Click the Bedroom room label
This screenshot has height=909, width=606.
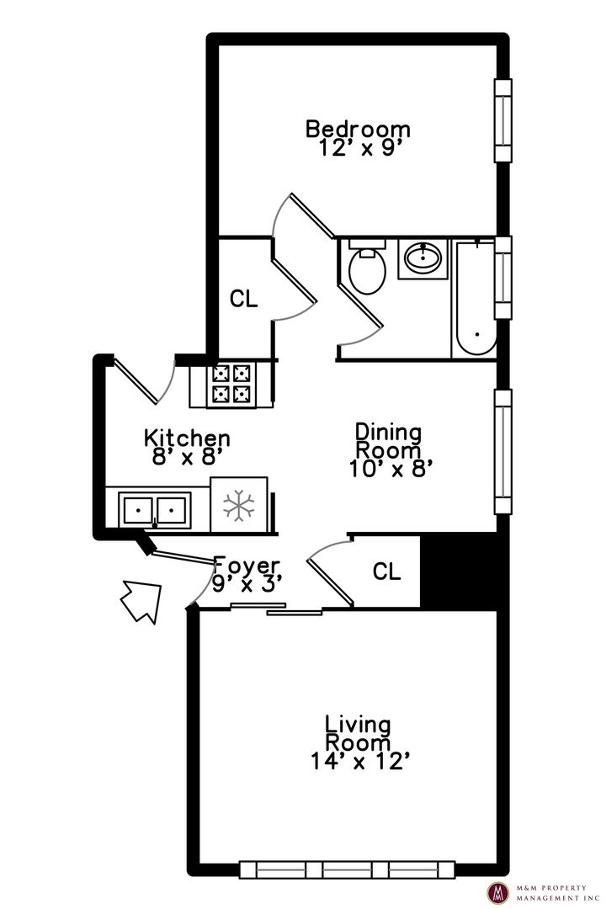pos(358,129)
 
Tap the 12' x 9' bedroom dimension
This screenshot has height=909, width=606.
pos(360,148)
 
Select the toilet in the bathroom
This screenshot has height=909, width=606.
pos(368,267)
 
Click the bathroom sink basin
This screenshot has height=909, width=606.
pos(423,258)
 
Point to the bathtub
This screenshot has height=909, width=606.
pos(475,298)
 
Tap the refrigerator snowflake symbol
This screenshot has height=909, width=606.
pos(239,505)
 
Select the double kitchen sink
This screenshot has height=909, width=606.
pos(155,510)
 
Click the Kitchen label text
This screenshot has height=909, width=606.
pos(187,438)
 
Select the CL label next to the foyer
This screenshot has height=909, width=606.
pos(387,571)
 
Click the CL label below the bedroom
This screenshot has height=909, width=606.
pos(243,299)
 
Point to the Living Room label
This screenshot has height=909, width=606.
pos(358,733)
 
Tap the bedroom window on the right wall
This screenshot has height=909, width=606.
pos(502,120)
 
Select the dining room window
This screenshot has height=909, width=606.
pos(502,452)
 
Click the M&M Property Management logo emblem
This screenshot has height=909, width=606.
pos(498,892)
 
